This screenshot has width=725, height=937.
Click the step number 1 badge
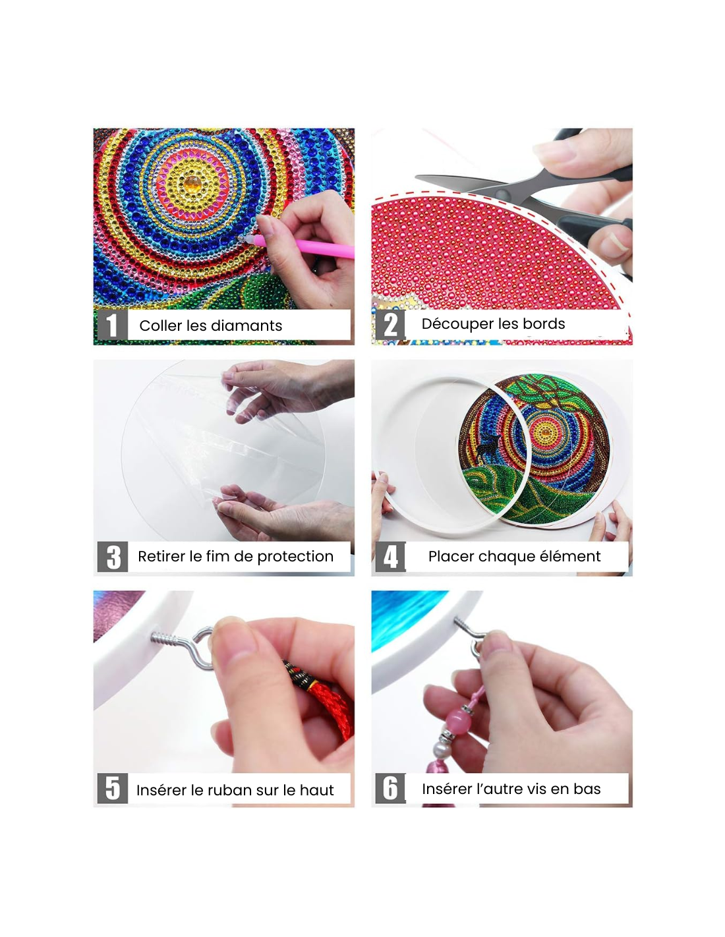tap(112, 324)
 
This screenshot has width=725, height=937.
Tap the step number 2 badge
tap(390, 324)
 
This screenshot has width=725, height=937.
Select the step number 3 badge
tap(112, 556)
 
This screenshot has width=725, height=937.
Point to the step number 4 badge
tap(390, 556)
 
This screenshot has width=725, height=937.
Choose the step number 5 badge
tap(112, 787)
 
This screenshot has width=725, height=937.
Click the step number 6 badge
tap(390, 787)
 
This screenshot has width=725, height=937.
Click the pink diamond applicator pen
tap(298, 245)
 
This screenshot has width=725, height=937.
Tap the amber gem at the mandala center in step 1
tap(192, 185)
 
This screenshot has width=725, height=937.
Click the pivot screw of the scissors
tap(502, 193)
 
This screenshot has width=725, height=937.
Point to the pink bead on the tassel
tap(459, 722)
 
